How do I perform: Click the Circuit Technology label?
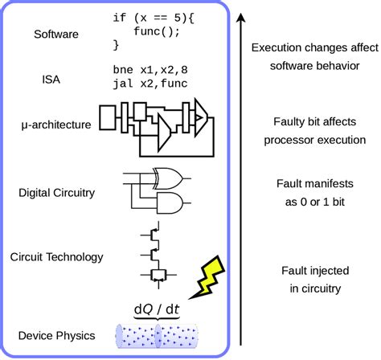(x=56, y=257)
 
